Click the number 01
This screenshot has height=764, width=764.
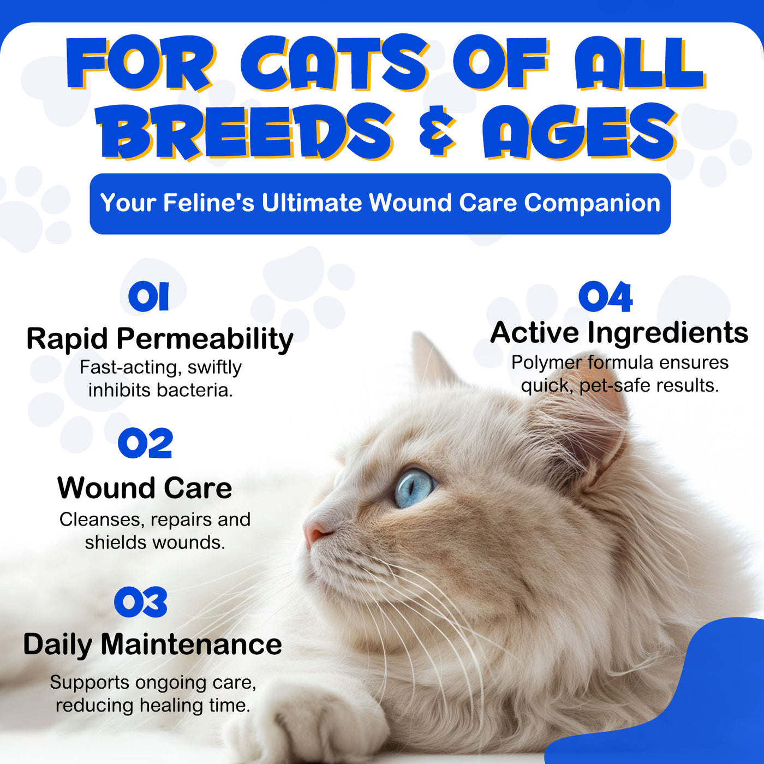coord(148,296)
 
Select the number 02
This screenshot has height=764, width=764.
coord(146,443)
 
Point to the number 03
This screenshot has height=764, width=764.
coord(141,602)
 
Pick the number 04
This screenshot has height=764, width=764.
coord(605,296)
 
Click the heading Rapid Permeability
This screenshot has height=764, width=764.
coord(160,339)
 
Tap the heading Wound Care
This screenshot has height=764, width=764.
coord(145,488)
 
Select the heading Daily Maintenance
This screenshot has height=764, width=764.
coord(153,644)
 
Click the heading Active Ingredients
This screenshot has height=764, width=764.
coord(619,332)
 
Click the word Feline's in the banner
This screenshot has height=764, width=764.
coord(208,203)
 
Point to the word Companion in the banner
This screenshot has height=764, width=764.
coord(592,204)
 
